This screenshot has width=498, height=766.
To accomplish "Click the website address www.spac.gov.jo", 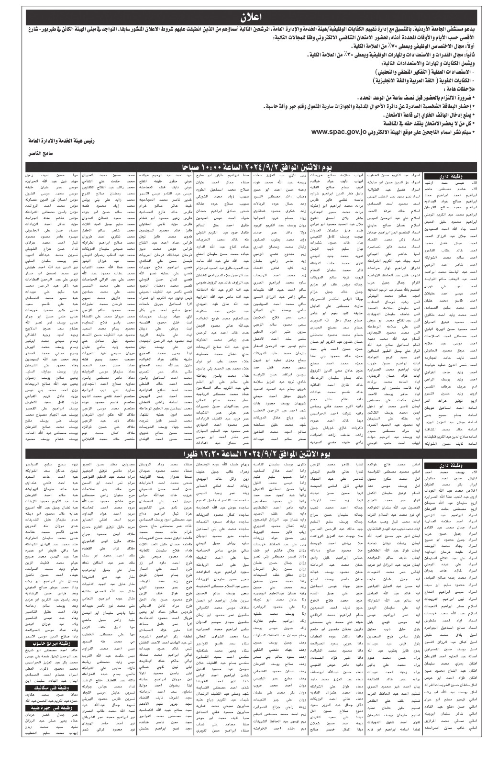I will point(340,132).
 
